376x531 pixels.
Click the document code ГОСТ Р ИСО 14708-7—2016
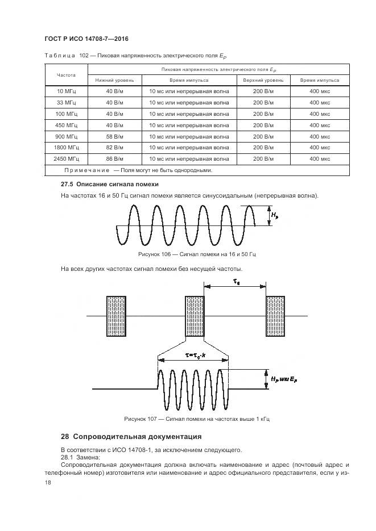click(86, 39)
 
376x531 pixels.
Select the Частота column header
click(67, 74)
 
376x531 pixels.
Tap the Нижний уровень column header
click(114, 80)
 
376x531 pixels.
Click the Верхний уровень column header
click(259, 80)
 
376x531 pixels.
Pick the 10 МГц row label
click(67, 91)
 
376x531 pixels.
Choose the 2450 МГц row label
click(67, 159)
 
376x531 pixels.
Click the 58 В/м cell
click(114, 136)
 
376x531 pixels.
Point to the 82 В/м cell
click(114, 148)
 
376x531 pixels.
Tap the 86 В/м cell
click(114, 159)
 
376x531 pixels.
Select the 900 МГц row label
click(67, 136)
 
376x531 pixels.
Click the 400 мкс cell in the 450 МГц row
click(320, 125)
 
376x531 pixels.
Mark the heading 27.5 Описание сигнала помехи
click(109, 185)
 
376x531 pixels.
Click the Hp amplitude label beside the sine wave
click(275, 215)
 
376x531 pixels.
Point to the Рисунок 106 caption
click(197, 254)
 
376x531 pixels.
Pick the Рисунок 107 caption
click(197, 419)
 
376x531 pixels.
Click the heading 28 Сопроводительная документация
click(131, 437)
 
